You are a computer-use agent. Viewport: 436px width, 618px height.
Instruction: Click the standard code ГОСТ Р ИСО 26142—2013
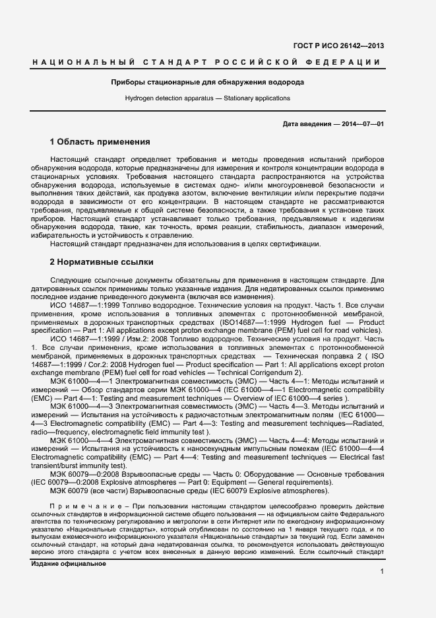347,46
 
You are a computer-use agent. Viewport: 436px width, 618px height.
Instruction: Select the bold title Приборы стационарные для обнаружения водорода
207,83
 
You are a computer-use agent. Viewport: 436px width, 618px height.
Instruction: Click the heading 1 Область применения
100,142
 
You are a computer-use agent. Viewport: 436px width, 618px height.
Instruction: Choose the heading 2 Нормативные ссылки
102,262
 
